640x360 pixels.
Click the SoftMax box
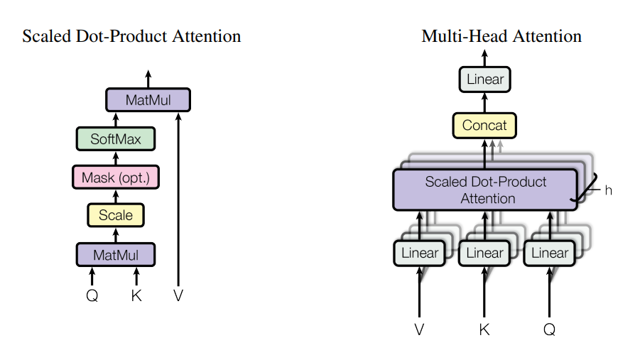[x=116, y=138]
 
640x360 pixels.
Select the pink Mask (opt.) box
[x=116, y=177]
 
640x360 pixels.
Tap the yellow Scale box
[x=116, y=214]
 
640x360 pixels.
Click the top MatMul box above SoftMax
[x=148, y=100]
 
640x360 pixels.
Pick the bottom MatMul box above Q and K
[x=116, y=253]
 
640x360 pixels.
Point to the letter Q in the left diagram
[x=92, y=295]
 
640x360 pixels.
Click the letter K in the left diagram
[x=136, y=295]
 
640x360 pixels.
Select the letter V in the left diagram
[x=178, y=295]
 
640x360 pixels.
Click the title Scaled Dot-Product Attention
[x=131, y=36]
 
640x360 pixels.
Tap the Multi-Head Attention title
[x=501, y=36]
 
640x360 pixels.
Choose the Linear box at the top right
[x=485, y=79]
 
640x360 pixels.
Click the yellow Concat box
[x=485, y=126]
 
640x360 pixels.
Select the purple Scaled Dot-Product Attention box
[x=486, y=190]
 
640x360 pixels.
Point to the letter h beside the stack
[x=607, y=190]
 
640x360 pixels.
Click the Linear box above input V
[x=420, y=253]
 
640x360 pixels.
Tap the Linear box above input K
[x=484, y=253]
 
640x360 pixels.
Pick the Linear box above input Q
[x=550, y=253]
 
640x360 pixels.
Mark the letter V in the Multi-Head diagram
[x=419, y=329]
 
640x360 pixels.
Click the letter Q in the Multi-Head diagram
[x=550, y=329]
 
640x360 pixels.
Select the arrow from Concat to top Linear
[x=485, y=103]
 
